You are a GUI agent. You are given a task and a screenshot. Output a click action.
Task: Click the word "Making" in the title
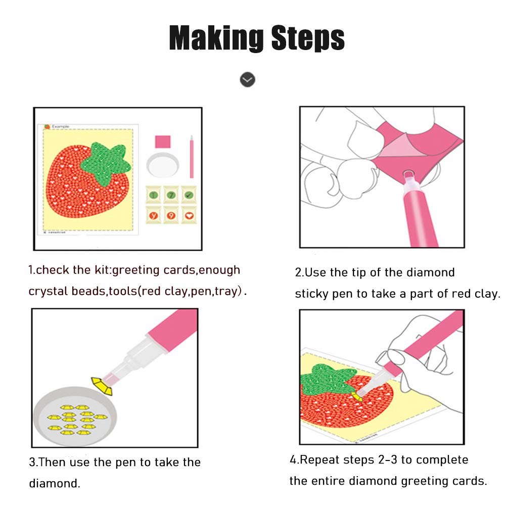(216, 38)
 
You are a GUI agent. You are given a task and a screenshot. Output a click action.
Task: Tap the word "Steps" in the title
(308, 38)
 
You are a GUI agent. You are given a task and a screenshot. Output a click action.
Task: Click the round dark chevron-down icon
(248, 79)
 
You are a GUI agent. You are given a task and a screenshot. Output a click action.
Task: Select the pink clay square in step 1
(163, 142)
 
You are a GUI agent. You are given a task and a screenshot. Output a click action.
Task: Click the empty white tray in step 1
(163, 165)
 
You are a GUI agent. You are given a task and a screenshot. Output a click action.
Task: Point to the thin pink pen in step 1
(192, 157)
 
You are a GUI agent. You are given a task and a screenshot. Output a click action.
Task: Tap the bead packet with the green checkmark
(189, 195)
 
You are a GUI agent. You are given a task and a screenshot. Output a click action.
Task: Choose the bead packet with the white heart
(189, 215)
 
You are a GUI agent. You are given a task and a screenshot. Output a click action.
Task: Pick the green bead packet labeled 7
(171, 195)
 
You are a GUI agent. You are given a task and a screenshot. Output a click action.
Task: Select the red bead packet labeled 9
(171, 215)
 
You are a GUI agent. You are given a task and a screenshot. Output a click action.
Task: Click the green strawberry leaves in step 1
(105, 163)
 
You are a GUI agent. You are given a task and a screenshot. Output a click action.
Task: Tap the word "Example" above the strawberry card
(60, 126)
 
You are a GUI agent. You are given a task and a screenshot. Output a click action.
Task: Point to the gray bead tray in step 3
(75, 417)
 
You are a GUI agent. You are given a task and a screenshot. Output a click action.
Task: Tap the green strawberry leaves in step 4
(326, 379)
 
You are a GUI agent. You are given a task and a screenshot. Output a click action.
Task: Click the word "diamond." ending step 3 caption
(55, 483)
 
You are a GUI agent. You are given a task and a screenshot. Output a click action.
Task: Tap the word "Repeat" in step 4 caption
(319, 460)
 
